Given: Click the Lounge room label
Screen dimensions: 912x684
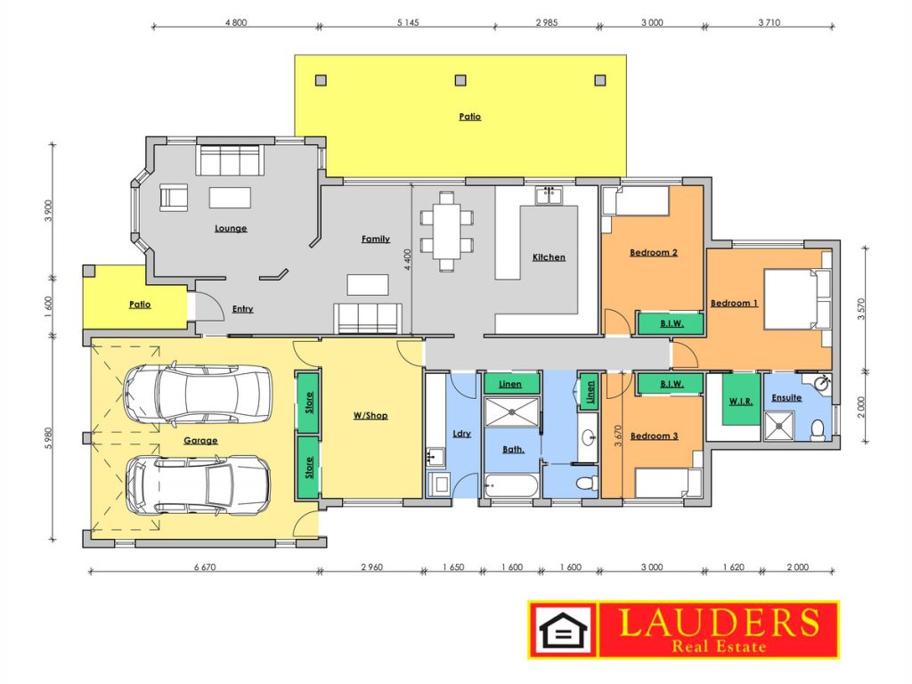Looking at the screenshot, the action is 231,228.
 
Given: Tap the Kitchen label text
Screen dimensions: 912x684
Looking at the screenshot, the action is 549,256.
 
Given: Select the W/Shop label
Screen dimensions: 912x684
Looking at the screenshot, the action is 370,415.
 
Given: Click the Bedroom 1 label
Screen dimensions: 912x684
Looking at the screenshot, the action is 734,303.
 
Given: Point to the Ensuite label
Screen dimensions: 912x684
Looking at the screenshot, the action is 786,398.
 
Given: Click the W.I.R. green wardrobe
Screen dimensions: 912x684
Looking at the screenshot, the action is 741,399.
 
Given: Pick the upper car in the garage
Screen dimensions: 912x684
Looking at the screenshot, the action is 197,393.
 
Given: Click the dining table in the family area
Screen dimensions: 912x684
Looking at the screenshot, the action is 447,232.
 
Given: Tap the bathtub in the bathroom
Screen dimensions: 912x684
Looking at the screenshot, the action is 510,485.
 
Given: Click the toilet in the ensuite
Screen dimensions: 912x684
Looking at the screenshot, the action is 818,429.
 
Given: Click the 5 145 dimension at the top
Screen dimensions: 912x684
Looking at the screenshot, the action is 408,22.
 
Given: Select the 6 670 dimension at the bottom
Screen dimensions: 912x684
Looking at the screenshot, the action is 205,567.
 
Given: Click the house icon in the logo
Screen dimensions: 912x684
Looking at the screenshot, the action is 563,630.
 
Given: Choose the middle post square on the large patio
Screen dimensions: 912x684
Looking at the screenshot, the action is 460,79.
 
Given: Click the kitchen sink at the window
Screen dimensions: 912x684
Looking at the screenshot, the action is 549,195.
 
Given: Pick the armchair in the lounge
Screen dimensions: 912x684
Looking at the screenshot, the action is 174,197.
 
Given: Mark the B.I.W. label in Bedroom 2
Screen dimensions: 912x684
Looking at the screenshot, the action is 672,323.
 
